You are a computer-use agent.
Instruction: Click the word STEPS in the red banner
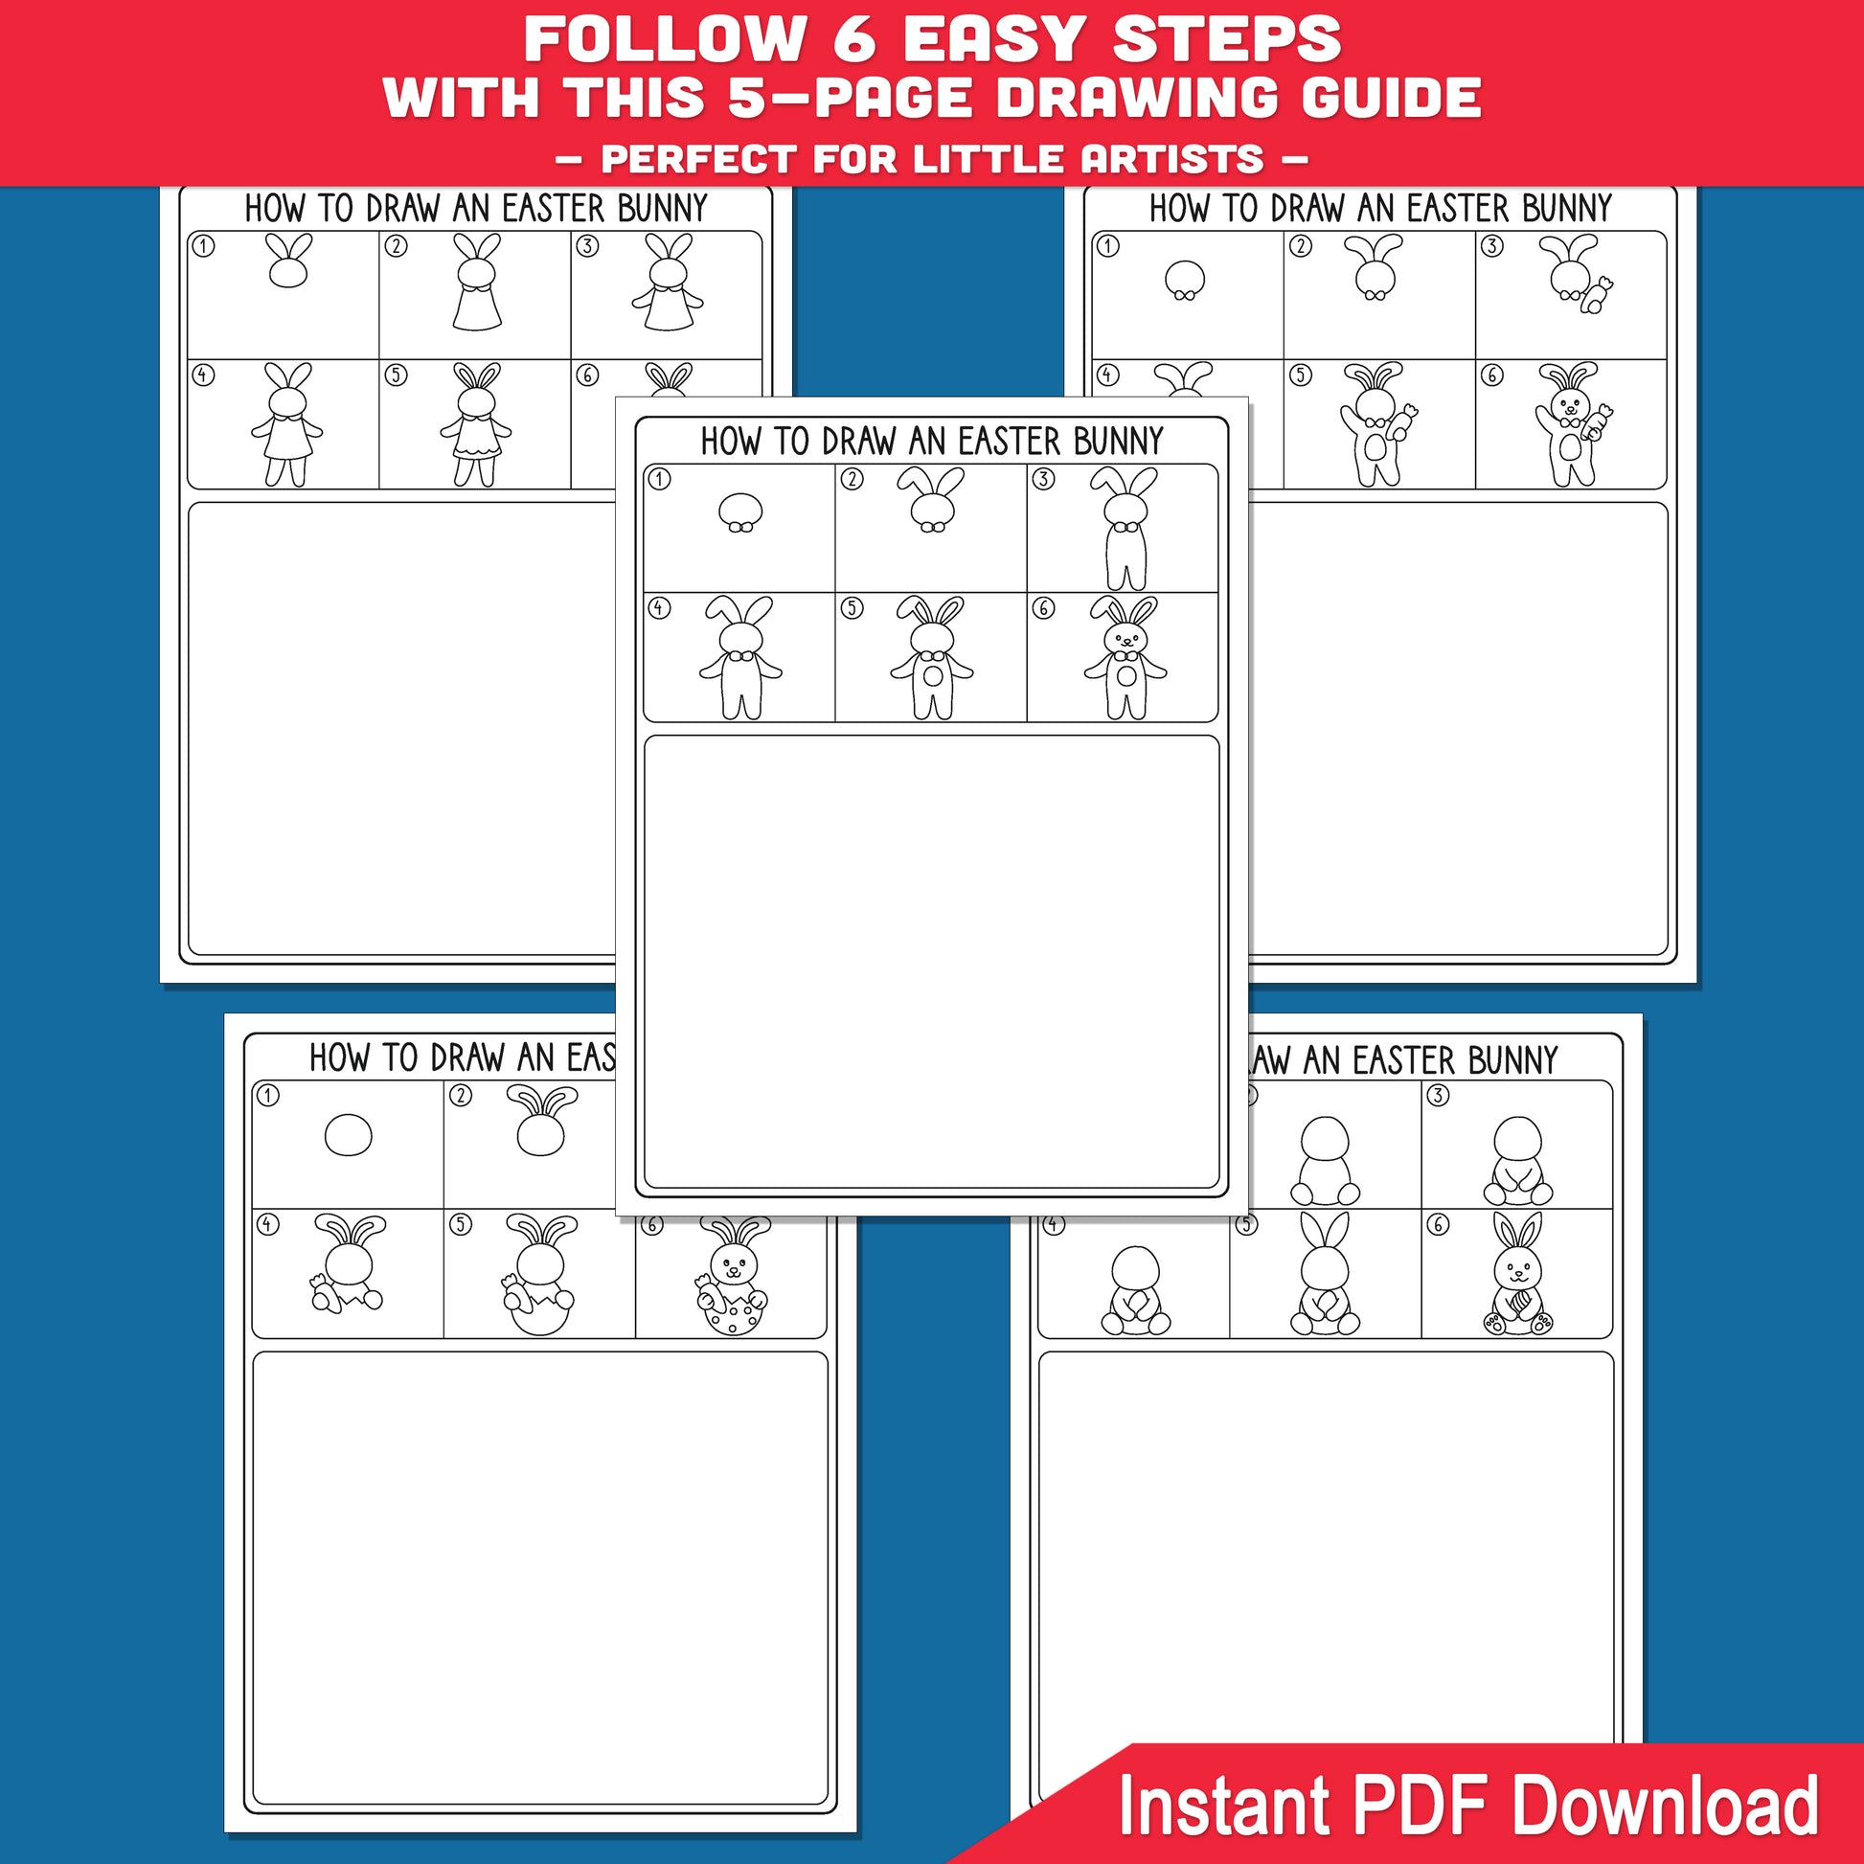point(1226,38)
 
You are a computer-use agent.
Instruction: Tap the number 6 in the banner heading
point(852,38)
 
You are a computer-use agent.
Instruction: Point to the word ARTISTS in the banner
point(1171,158)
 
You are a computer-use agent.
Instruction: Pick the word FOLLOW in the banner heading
point(664,38)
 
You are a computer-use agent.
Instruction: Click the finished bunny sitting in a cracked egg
point(732,1276)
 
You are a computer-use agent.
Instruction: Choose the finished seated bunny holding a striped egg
point(1517,1274)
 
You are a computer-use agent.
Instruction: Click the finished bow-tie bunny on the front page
point(1125,658)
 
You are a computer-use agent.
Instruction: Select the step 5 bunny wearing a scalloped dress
point(476,424)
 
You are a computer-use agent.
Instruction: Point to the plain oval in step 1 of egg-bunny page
point(349,1135)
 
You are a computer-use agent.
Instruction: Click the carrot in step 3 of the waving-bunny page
point(1597,294)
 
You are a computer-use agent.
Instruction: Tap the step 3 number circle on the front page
point(1043,479)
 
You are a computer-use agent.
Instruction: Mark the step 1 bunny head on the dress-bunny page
point(287,261)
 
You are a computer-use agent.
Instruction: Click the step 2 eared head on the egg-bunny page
point(541,1120)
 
